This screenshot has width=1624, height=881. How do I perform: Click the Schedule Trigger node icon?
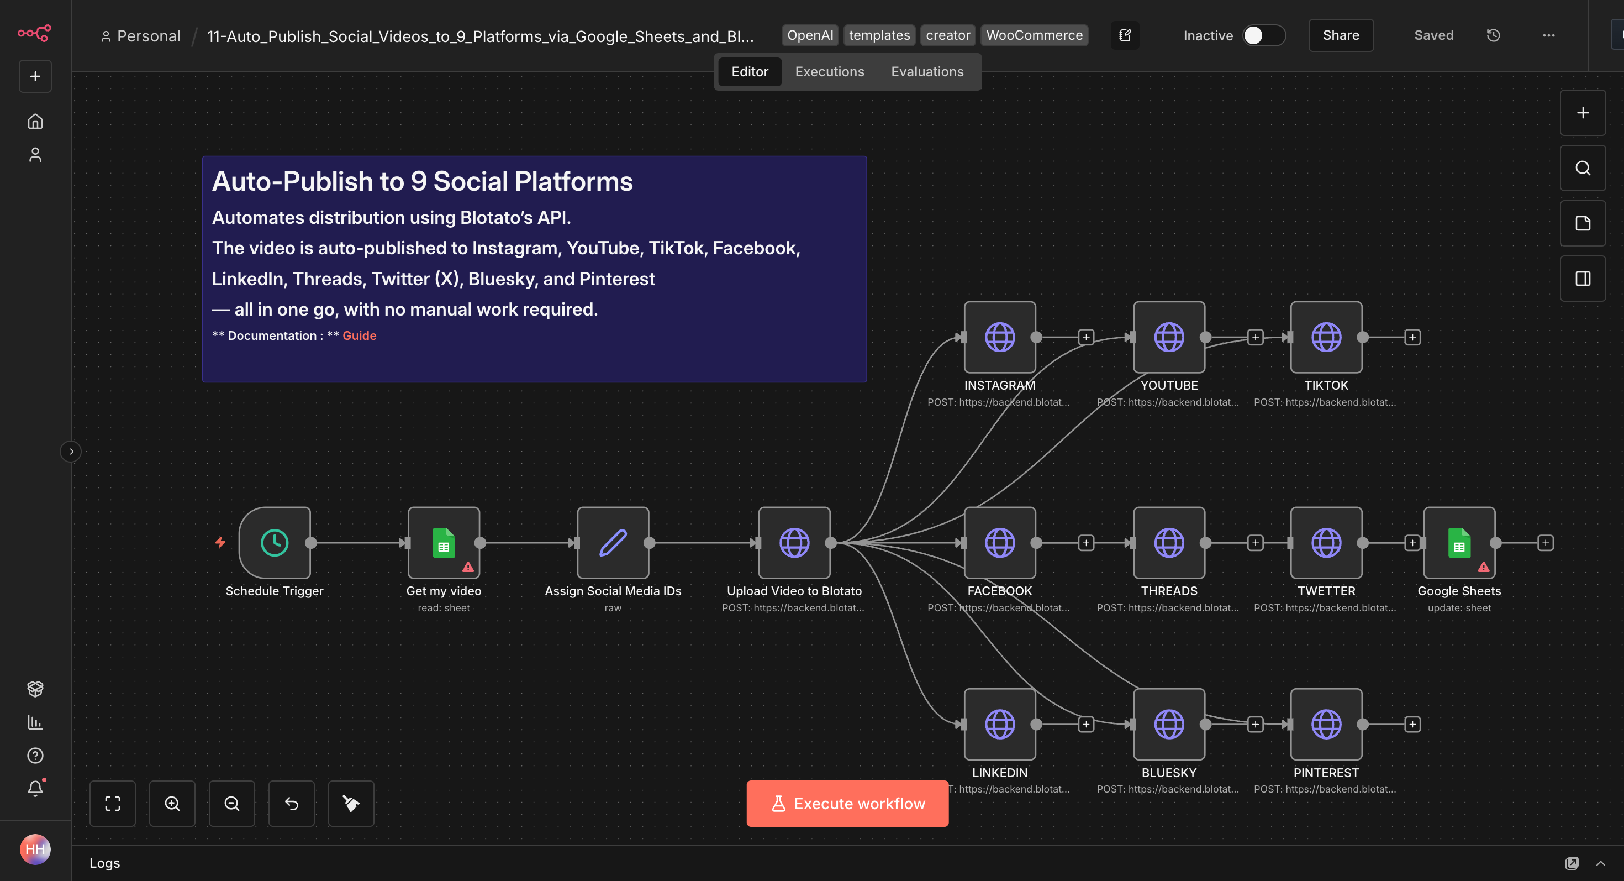click(274, 542)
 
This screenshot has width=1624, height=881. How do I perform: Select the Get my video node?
click(443, 542)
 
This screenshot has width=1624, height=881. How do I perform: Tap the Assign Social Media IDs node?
click(612, 542)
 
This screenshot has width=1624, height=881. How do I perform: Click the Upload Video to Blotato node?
click(794, 542)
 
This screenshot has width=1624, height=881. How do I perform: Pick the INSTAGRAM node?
click(999, 337)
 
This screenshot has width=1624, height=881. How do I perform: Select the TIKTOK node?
click(1326, 337)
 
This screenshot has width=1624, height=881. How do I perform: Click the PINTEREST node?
click(1326, 724)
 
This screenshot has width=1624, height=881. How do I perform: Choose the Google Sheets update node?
click(1459, 542)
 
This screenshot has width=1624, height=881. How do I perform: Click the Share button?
click(1340, 35)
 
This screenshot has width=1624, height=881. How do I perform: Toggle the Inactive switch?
click(1263, 35)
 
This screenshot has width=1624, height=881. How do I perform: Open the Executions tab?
click(829, 72)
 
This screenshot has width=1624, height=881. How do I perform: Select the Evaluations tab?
click(927, 72)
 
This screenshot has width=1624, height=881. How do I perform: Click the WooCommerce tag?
click(1034, 35)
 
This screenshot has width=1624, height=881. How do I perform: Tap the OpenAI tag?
click(809, 35)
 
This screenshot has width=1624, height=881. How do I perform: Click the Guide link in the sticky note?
click(360, 335)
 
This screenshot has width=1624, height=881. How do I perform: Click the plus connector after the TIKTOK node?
click(1412, 337)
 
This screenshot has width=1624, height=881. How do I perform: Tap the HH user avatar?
click(35, 849)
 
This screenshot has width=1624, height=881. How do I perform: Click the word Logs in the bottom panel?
click(104, 863)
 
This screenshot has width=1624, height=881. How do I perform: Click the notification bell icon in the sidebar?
click(35, 788)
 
